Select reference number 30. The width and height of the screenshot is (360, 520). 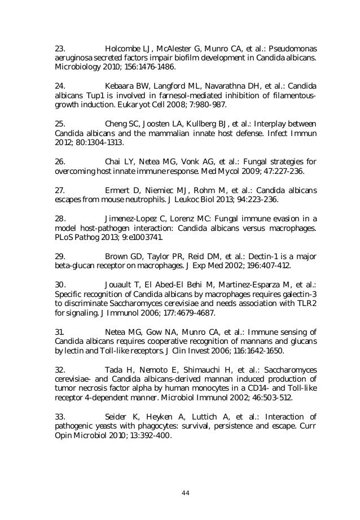point(60,285)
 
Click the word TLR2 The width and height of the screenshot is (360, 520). point(306,304)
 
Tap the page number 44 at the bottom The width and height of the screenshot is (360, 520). point(185,492)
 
